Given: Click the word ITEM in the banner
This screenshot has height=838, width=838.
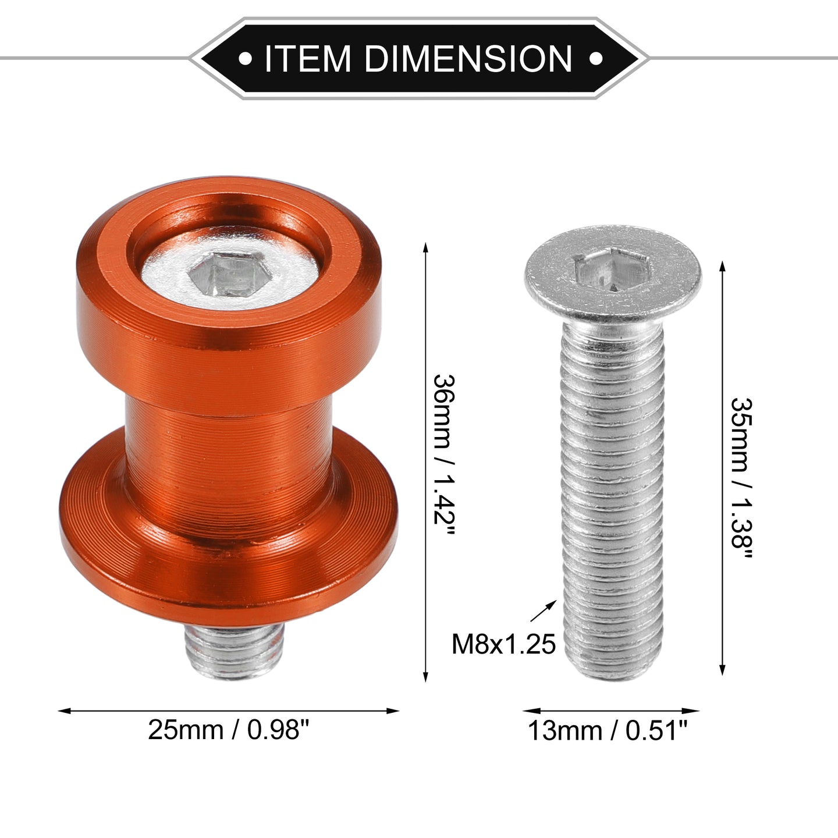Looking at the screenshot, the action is [x=307, y=58].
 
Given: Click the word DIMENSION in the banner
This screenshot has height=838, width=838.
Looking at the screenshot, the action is [x=468, y=58].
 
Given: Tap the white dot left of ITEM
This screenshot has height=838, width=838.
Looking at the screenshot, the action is [x=245, y=58].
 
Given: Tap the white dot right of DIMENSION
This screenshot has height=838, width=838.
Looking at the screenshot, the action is [x=596, y=58].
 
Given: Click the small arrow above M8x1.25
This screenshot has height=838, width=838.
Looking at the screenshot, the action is [x=544, y=611].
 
